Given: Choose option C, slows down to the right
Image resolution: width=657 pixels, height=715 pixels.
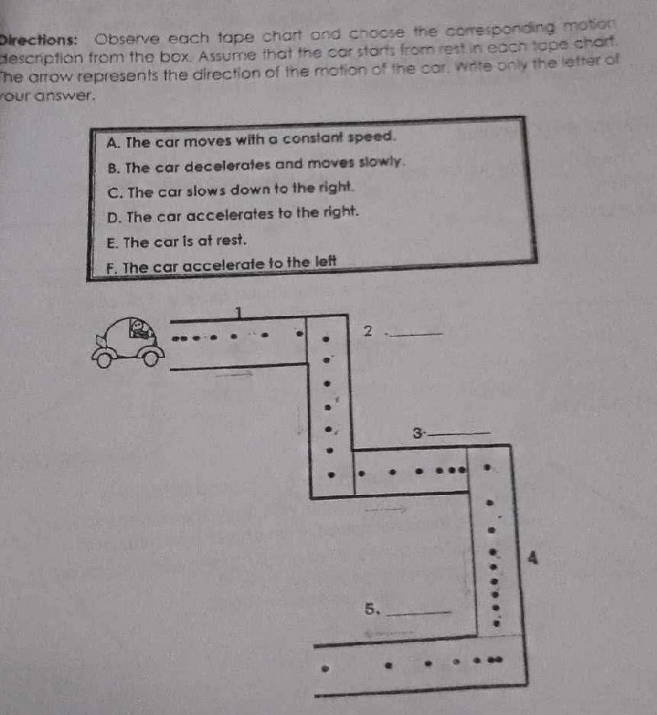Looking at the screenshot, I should point(231,190).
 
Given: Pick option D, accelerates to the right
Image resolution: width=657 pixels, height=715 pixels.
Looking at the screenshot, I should point(233,215).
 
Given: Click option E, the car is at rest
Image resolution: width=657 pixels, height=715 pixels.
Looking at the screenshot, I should point(177,241).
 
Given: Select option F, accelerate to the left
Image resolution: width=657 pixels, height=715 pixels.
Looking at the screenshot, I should point(221,265).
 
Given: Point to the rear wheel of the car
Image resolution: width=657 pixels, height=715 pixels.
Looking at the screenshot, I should point(103,358).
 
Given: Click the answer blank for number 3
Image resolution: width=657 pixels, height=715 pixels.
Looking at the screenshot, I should point(461,435).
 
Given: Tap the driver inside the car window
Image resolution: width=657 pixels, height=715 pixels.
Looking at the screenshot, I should point(140,332).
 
